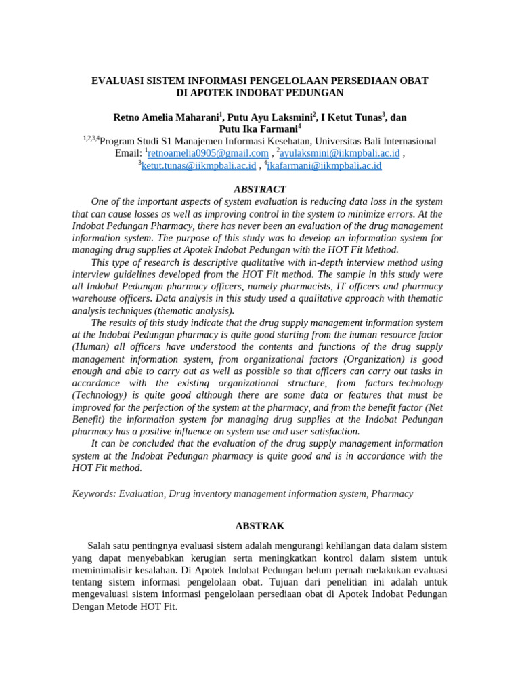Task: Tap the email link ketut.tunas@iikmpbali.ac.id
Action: point(198,165)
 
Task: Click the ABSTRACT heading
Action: point(259,190)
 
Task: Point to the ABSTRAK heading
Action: point(259,526)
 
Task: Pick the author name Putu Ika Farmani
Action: point(258,129)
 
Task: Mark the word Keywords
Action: point(95,494)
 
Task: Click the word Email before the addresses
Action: point(128,153)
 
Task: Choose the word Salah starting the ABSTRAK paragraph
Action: point(100,546)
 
